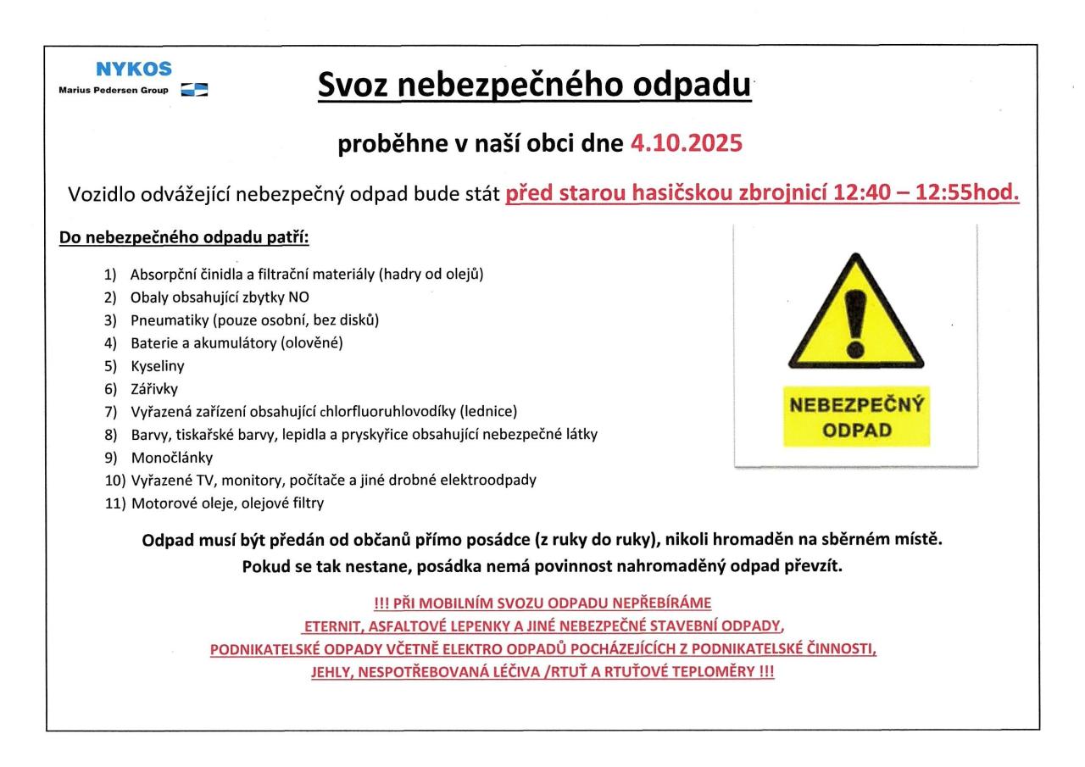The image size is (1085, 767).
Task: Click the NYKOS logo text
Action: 134,69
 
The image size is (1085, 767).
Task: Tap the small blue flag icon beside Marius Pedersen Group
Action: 195,90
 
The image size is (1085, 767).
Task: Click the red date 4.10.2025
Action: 687,144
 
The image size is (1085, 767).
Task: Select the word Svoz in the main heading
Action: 352,85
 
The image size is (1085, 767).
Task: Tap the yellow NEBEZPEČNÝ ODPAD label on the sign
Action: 856,416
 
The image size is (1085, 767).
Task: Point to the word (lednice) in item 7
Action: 488,412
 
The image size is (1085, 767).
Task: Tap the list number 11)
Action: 114,503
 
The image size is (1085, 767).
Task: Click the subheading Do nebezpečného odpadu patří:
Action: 184,237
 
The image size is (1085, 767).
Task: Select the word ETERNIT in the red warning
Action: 333,626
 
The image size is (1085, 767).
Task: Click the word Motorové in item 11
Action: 160,503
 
